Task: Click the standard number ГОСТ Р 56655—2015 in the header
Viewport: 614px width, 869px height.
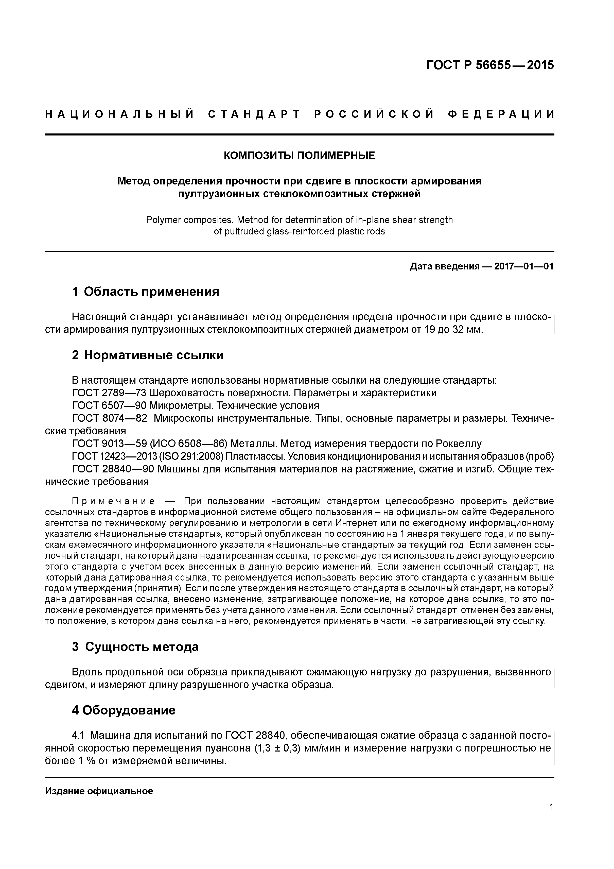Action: click(x=490, y=65)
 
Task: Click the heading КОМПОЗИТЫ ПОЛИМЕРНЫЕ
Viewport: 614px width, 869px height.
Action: click(x=299, y=156)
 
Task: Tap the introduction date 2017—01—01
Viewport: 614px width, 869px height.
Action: click(x=523, y=266)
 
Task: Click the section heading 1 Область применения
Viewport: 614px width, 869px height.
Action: click(x=145, y=292)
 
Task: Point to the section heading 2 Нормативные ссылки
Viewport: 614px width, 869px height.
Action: click(x=148, y=355)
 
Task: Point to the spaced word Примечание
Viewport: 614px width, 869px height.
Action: click(x=113, y=502)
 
